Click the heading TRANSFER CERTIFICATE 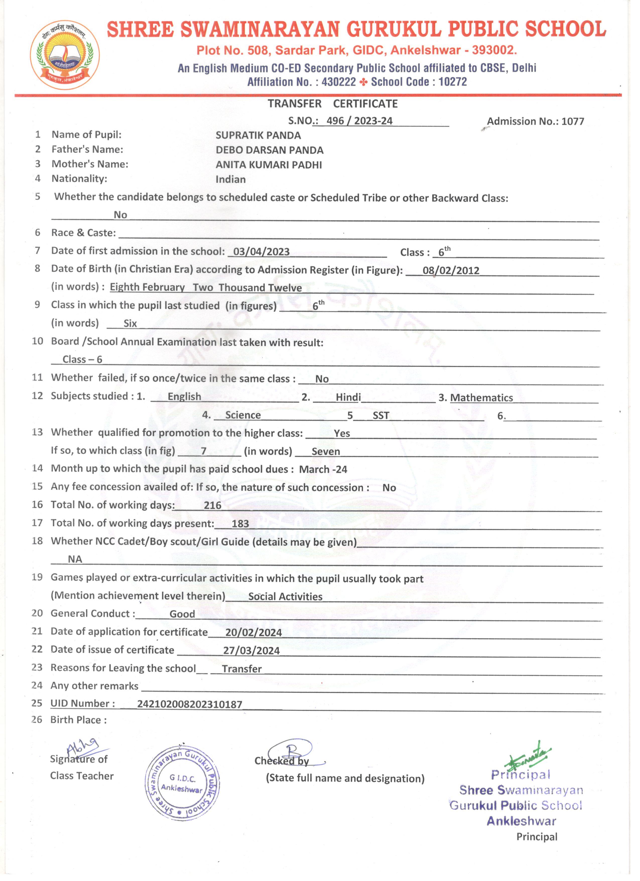coord(332,104)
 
